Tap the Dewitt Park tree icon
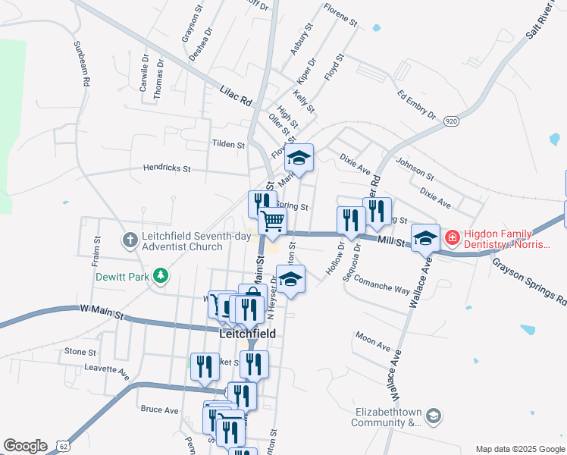160,275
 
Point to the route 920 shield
452,121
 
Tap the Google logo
25,446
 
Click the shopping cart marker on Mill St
272,221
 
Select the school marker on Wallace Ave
425,237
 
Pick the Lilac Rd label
236,97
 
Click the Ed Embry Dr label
417,105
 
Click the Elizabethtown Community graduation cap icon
433,416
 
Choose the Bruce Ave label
160,409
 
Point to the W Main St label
101,309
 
